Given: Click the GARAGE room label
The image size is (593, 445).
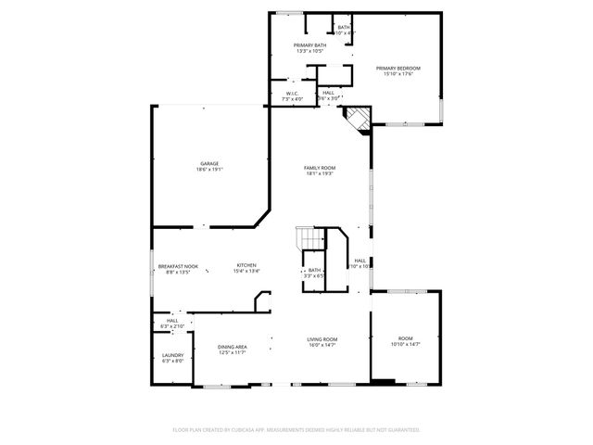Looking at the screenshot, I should point(208,163).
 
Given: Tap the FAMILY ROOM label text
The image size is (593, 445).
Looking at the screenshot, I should point(320,167).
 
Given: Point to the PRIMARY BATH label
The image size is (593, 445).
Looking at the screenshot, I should point(309,45).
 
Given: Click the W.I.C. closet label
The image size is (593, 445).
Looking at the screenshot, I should point(291,93).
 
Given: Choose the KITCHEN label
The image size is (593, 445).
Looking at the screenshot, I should point(246,265).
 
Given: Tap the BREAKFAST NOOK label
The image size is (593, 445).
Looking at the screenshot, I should point(172,265).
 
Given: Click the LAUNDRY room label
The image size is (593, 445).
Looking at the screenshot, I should point(172,354).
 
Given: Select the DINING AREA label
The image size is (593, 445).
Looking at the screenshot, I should point(232,346).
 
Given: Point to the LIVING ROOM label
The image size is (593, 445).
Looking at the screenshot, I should point(322,339).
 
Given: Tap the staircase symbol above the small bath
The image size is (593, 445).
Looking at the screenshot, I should point(308,239).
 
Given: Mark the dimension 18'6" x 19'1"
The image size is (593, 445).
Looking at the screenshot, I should point(208,170).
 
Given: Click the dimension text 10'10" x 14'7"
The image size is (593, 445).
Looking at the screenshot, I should point(405,345).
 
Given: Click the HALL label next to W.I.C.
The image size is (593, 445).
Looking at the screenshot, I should point(328,93).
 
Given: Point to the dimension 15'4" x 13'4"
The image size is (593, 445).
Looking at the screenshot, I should point(246,272).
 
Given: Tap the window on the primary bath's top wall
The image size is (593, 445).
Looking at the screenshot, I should point(290,13).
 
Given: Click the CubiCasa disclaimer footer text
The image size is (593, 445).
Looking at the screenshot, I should point(296,429).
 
